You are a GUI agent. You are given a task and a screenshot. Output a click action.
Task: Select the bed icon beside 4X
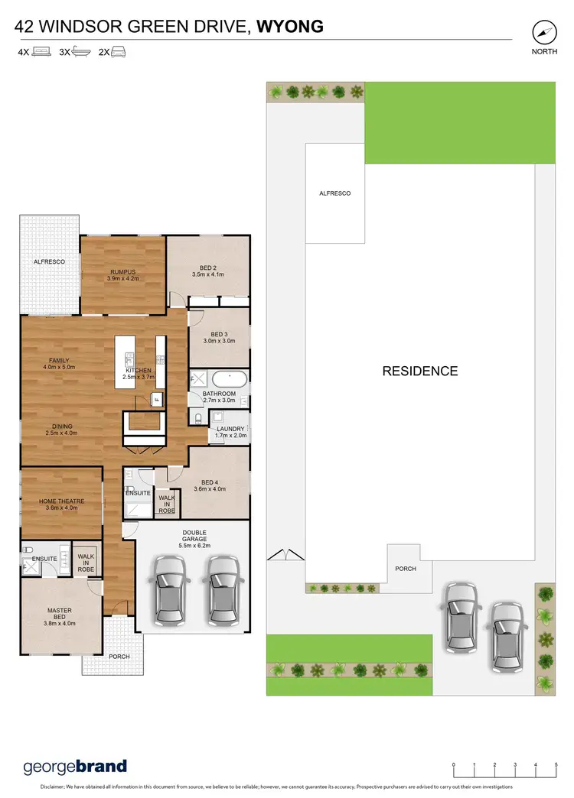point(41,53)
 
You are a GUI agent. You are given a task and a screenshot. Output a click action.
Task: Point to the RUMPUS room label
point(122,271)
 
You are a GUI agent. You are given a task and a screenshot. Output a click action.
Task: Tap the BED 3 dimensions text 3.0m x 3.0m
point(219,341)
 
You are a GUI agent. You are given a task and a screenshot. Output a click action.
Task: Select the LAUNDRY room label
point(230,429)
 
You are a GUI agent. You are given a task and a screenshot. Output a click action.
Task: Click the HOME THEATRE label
point(61,501)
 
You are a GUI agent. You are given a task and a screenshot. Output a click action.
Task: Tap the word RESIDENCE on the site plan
point(420,371)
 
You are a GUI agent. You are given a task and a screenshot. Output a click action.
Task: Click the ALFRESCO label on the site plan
point(334,193)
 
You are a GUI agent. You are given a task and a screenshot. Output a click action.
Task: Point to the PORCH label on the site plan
point(406,569)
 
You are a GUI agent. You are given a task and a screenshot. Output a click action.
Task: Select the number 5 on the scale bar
point(556,764)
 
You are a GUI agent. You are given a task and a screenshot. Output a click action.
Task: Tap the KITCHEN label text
point(139,371)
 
